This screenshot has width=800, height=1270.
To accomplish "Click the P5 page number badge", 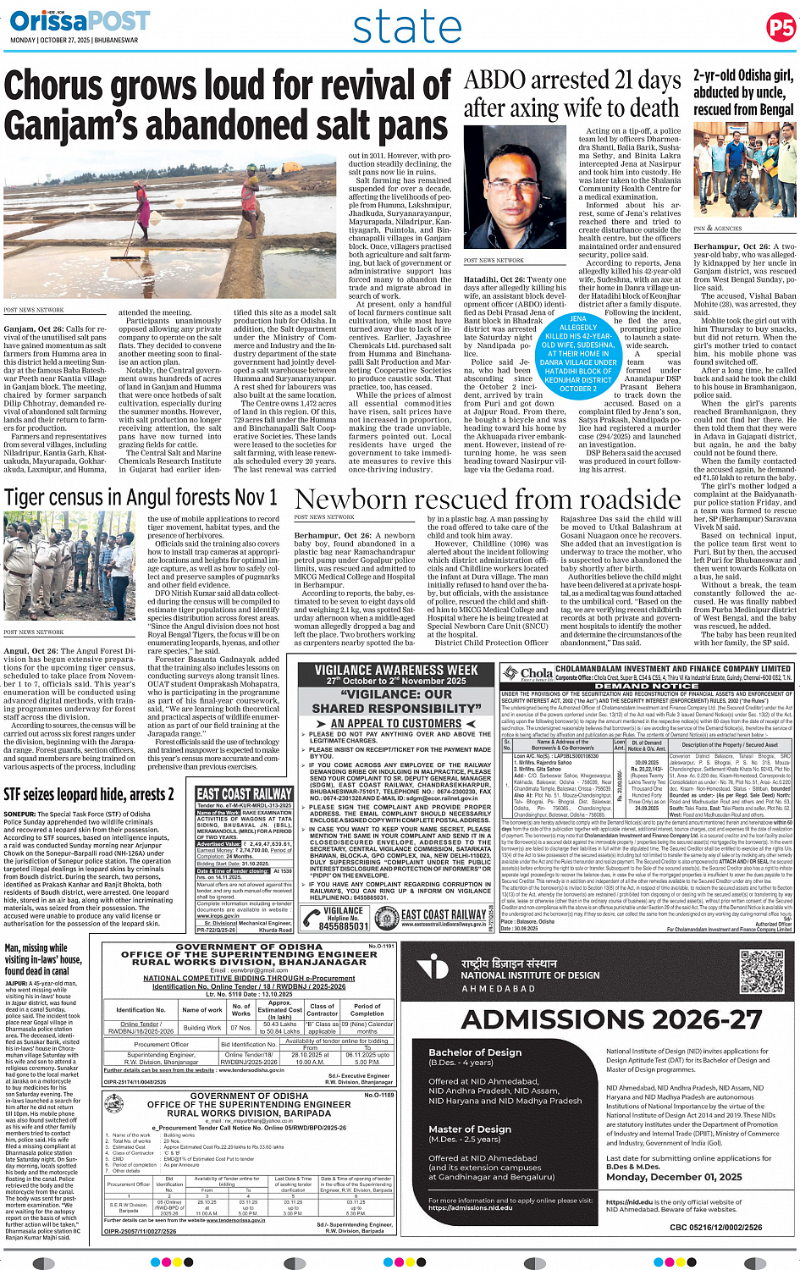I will (x=780, y=28).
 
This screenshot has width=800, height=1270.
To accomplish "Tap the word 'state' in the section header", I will (x=406, y=28).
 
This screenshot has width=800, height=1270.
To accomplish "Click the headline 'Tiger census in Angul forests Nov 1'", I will (x=141, y=497).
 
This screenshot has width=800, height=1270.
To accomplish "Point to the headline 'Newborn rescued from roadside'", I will (x=488, y=500).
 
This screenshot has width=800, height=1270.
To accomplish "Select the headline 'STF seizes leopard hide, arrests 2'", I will (x=89, y=794).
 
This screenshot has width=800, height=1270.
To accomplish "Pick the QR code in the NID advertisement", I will (x=762, y=972).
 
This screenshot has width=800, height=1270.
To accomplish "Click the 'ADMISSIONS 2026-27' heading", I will (x=611, y=1019).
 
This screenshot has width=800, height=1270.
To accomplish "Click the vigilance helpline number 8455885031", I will (x=343, y=926).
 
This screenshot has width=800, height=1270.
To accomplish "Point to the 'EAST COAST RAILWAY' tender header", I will (x=244, y=793).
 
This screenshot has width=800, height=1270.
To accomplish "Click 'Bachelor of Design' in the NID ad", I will (x=475, y=1052).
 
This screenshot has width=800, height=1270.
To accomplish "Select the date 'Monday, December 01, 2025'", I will (x=674, y=1177).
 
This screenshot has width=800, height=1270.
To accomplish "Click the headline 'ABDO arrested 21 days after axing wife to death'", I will (x=572, y=94).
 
